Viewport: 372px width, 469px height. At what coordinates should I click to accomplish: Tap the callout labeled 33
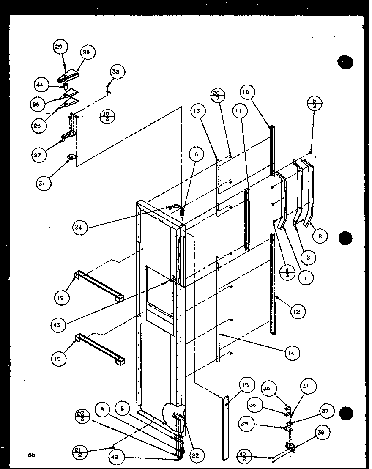(x=115, y=71)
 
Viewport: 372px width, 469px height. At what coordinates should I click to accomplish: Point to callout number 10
(x=247, y=92)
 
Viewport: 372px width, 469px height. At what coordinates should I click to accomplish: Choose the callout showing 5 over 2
(x=315, y=103)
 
